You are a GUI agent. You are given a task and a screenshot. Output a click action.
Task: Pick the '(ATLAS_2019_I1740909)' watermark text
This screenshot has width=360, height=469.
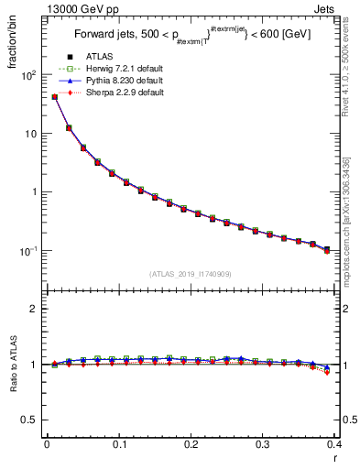point(191,273)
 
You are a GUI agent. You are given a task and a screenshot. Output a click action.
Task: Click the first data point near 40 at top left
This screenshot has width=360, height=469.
point(54,96)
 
